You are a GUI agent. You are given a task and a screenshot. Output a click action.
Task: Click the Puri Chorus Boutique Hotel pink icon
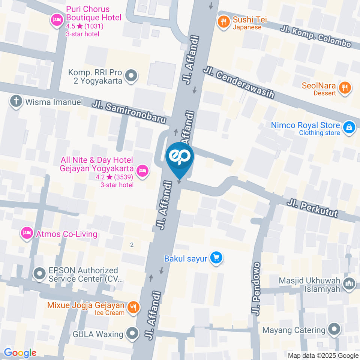coord(57,20)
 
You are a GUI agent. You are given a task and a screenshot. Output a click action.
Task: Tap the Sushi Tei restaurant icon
coord(224,22)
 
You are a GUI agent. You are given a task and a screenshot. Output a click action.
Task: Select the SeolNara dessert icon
coord(344,88)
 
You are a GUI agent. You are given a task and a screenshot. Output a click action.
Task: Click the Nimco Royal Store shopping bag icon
coord(349,127)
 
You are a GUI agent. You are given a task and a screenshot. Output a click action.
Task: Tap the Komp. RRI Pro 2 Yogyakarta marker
coord(131,76)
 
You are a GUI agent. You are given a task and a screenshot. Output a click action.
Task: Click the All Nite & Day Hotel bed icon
coord(142,171)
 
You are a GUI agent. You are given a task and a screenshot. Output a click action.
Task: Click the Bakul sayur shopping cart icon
coord(216,258)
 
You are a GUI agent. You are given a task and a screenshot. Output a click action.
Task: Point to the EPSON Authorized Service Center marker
coord(39,274)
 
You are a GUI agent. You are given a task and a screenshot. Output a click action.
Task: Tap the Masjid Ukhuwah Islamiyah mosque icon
coord(349,284)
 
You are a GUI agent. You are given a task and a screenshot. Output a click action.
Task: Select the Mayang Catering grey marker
coord(333,330)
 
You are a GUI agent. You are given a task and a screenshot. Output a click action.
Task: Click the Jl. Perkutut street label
coord(312,208)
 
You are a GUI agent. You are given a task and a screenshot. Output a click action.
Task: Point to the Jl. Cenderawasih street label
coord(238,83)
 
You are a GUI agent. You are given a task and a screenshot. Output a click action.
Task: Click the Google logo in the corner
coord(20,352)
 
